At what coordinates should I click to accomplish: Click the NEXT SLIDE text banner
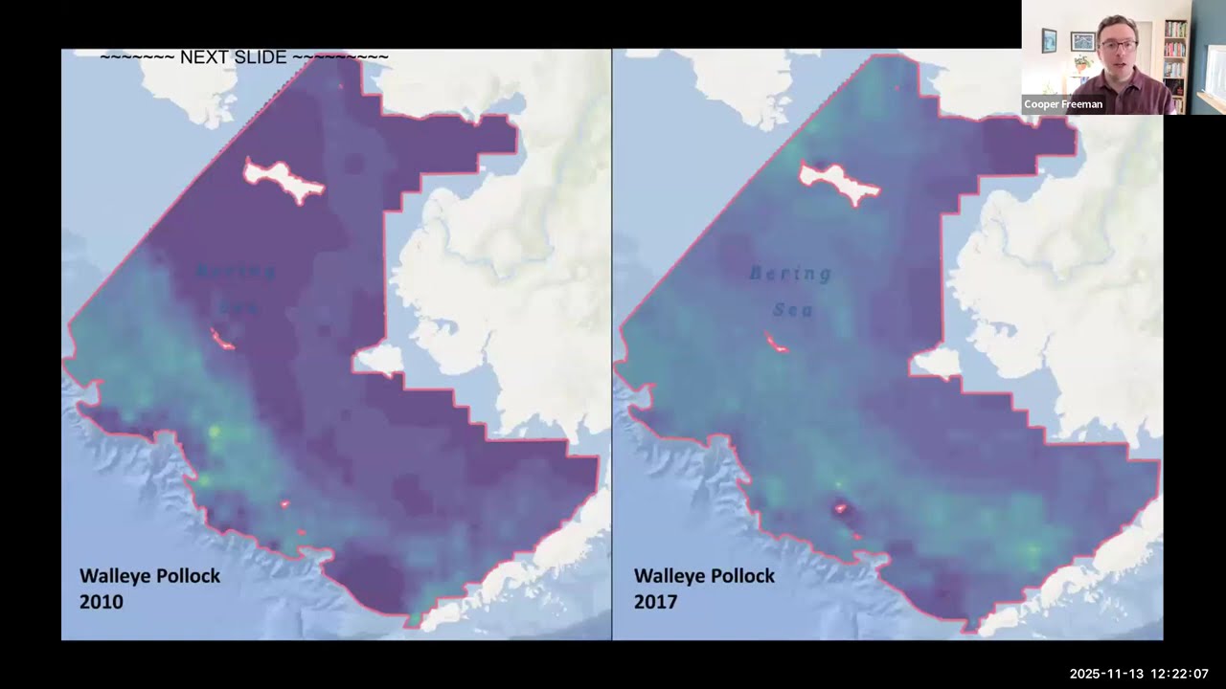(244, 57)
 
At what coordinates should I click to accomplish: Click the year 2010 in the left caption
(101, 602)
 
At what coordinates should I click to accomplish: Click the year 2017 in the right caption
(655, 602)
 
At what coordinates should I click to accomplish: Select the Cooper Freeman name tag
(1063, 104)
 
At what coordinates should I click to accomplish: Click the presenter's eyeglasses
(1119, 45)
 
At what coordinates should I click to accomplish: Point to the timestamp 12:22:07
(1176, 674)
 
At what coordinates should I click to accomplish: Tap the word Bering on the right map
(790, 275)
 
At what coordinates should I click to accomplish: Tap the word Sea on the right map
(792, 310)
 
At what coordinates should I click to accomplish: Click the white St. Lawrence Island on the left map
(284, 181)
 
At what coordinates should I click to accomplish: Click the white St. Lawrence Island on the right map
(839, 182)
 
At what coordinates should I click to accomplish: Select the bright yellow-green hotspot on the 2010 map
(215, 432)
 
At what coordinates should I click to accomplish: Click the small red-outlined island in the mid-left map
(222, 339)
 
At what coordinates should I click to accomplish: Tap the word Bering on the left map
(236, 272)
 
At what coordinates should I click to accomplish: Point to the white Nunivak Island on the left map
(379, 359)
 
